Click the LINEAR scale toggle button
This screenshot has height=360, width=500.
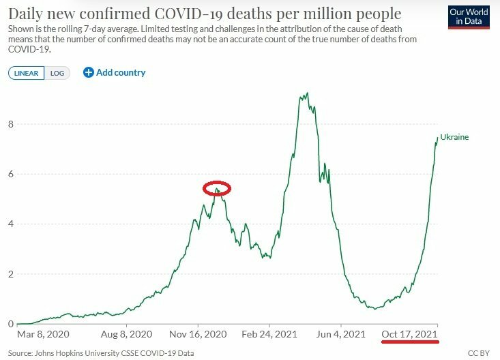point(26,73)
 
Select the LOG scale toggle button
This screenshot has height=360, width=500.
point(57,73)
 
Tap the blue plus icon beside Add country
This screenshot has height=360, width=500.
point(88,72)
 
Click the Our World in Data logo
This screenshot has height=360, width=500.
point(469,17)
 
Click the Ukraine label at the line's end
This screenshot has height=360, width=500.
point(454,137)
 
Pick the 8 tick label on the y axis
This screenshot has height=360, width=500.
point(11,124)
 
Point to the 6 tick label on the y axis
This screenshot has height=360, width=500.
point(11,174)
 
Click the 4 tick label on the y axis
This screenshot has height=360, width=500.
point(11,224)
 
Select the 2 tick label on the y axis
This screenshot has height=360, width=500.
point(11,274)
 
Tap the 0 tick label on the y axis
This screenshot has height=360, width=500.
point(11,324)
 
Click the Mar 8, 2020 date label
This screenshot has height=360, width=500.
point(43,334)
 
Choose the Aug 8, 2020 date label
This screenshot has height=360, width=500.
point(127,334)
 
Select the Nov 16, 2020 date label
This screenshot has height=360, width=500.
point(198,334)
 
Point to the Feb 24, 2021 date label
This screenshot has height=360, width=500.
point(269,334)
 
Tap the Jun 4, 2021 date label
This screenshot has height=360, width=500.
point(341,334)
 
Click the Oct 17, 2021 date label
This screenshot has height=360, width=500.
point(409,334)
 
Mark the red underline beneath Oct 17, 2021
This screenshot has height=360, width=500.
point(410,342)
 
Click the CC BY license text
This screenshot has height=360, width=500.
point(479,353)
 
